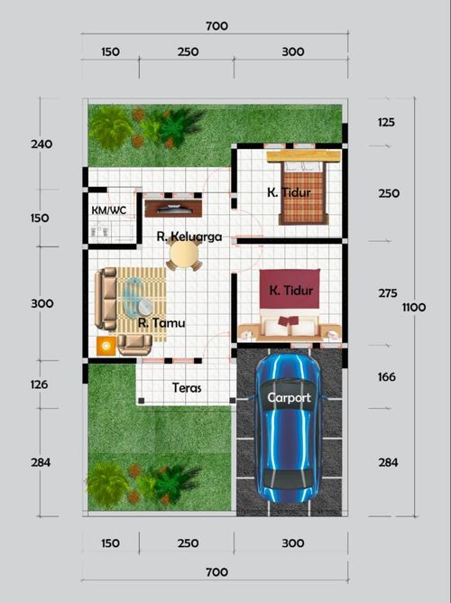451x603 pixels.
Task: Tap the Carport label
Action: tap(289, 397)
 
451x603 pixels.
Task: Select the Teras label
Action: tap(187, 389)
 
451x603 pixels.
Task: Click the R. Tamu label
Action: tap(156, 321)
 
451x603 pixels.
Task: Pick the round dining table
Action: tap(184, 256)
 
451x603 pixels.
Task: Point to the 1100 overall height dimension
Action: tap(413, 308)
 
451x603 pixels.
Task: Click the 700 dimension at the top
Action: tap(216, 26)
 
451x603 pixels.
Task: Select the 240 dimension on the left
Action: tap(41, 144)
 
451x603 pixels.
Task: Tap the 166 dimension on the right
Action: tap(387, 377)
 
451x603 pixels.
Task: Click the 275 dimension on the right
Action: tap(387, 293)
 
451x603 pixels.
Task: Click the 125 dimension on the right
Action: tap(387, 121)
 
